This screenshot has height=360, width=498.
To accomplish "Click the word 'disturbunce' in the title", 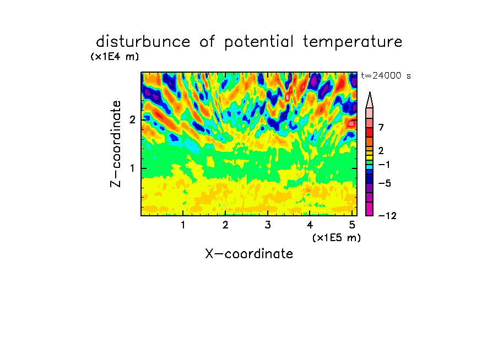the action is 143,42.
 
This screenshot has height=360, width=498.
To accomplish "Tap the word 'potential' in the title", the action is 258,42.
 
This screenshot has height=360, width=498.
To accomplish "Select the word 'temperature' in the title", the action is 353,42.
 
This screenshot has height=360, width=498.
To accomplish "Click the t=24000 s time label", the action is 386,76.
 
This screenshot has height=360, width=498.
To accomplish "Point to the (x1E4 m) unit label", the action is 115,57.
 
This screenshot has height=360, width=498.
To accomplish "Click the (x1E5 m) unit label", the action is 337,238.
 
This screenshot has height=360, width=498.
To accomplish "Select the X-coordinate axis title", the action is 249,254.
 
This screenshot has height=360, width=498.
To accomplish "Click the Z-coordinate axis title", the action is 116,144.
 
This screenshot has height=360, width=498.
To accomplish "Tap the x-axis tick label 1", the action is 183,225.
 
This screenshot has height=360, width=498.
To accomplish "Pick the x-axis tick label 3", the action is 268,225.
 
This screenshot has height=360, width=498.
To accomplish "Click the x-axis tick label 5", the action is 352,225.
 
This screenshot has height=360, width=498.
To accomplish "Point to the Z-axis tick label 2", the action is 132,120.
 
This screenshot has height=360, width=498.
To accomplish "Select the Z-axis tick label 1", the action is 132,168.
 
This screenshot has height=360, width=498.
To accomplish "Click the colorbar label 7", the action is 381,128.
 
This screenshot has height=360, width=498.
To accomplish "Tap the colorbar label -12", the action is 387,216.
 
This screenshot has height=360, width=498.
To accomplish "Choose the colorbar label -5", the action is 385,183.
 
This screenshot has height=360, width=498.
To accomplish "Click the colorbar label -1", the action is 384,165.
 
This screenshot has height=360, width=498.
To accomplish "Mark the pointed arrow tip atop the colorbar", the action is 370,92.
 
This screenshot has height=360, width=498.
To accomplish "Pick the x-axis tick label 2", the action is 225,225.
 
